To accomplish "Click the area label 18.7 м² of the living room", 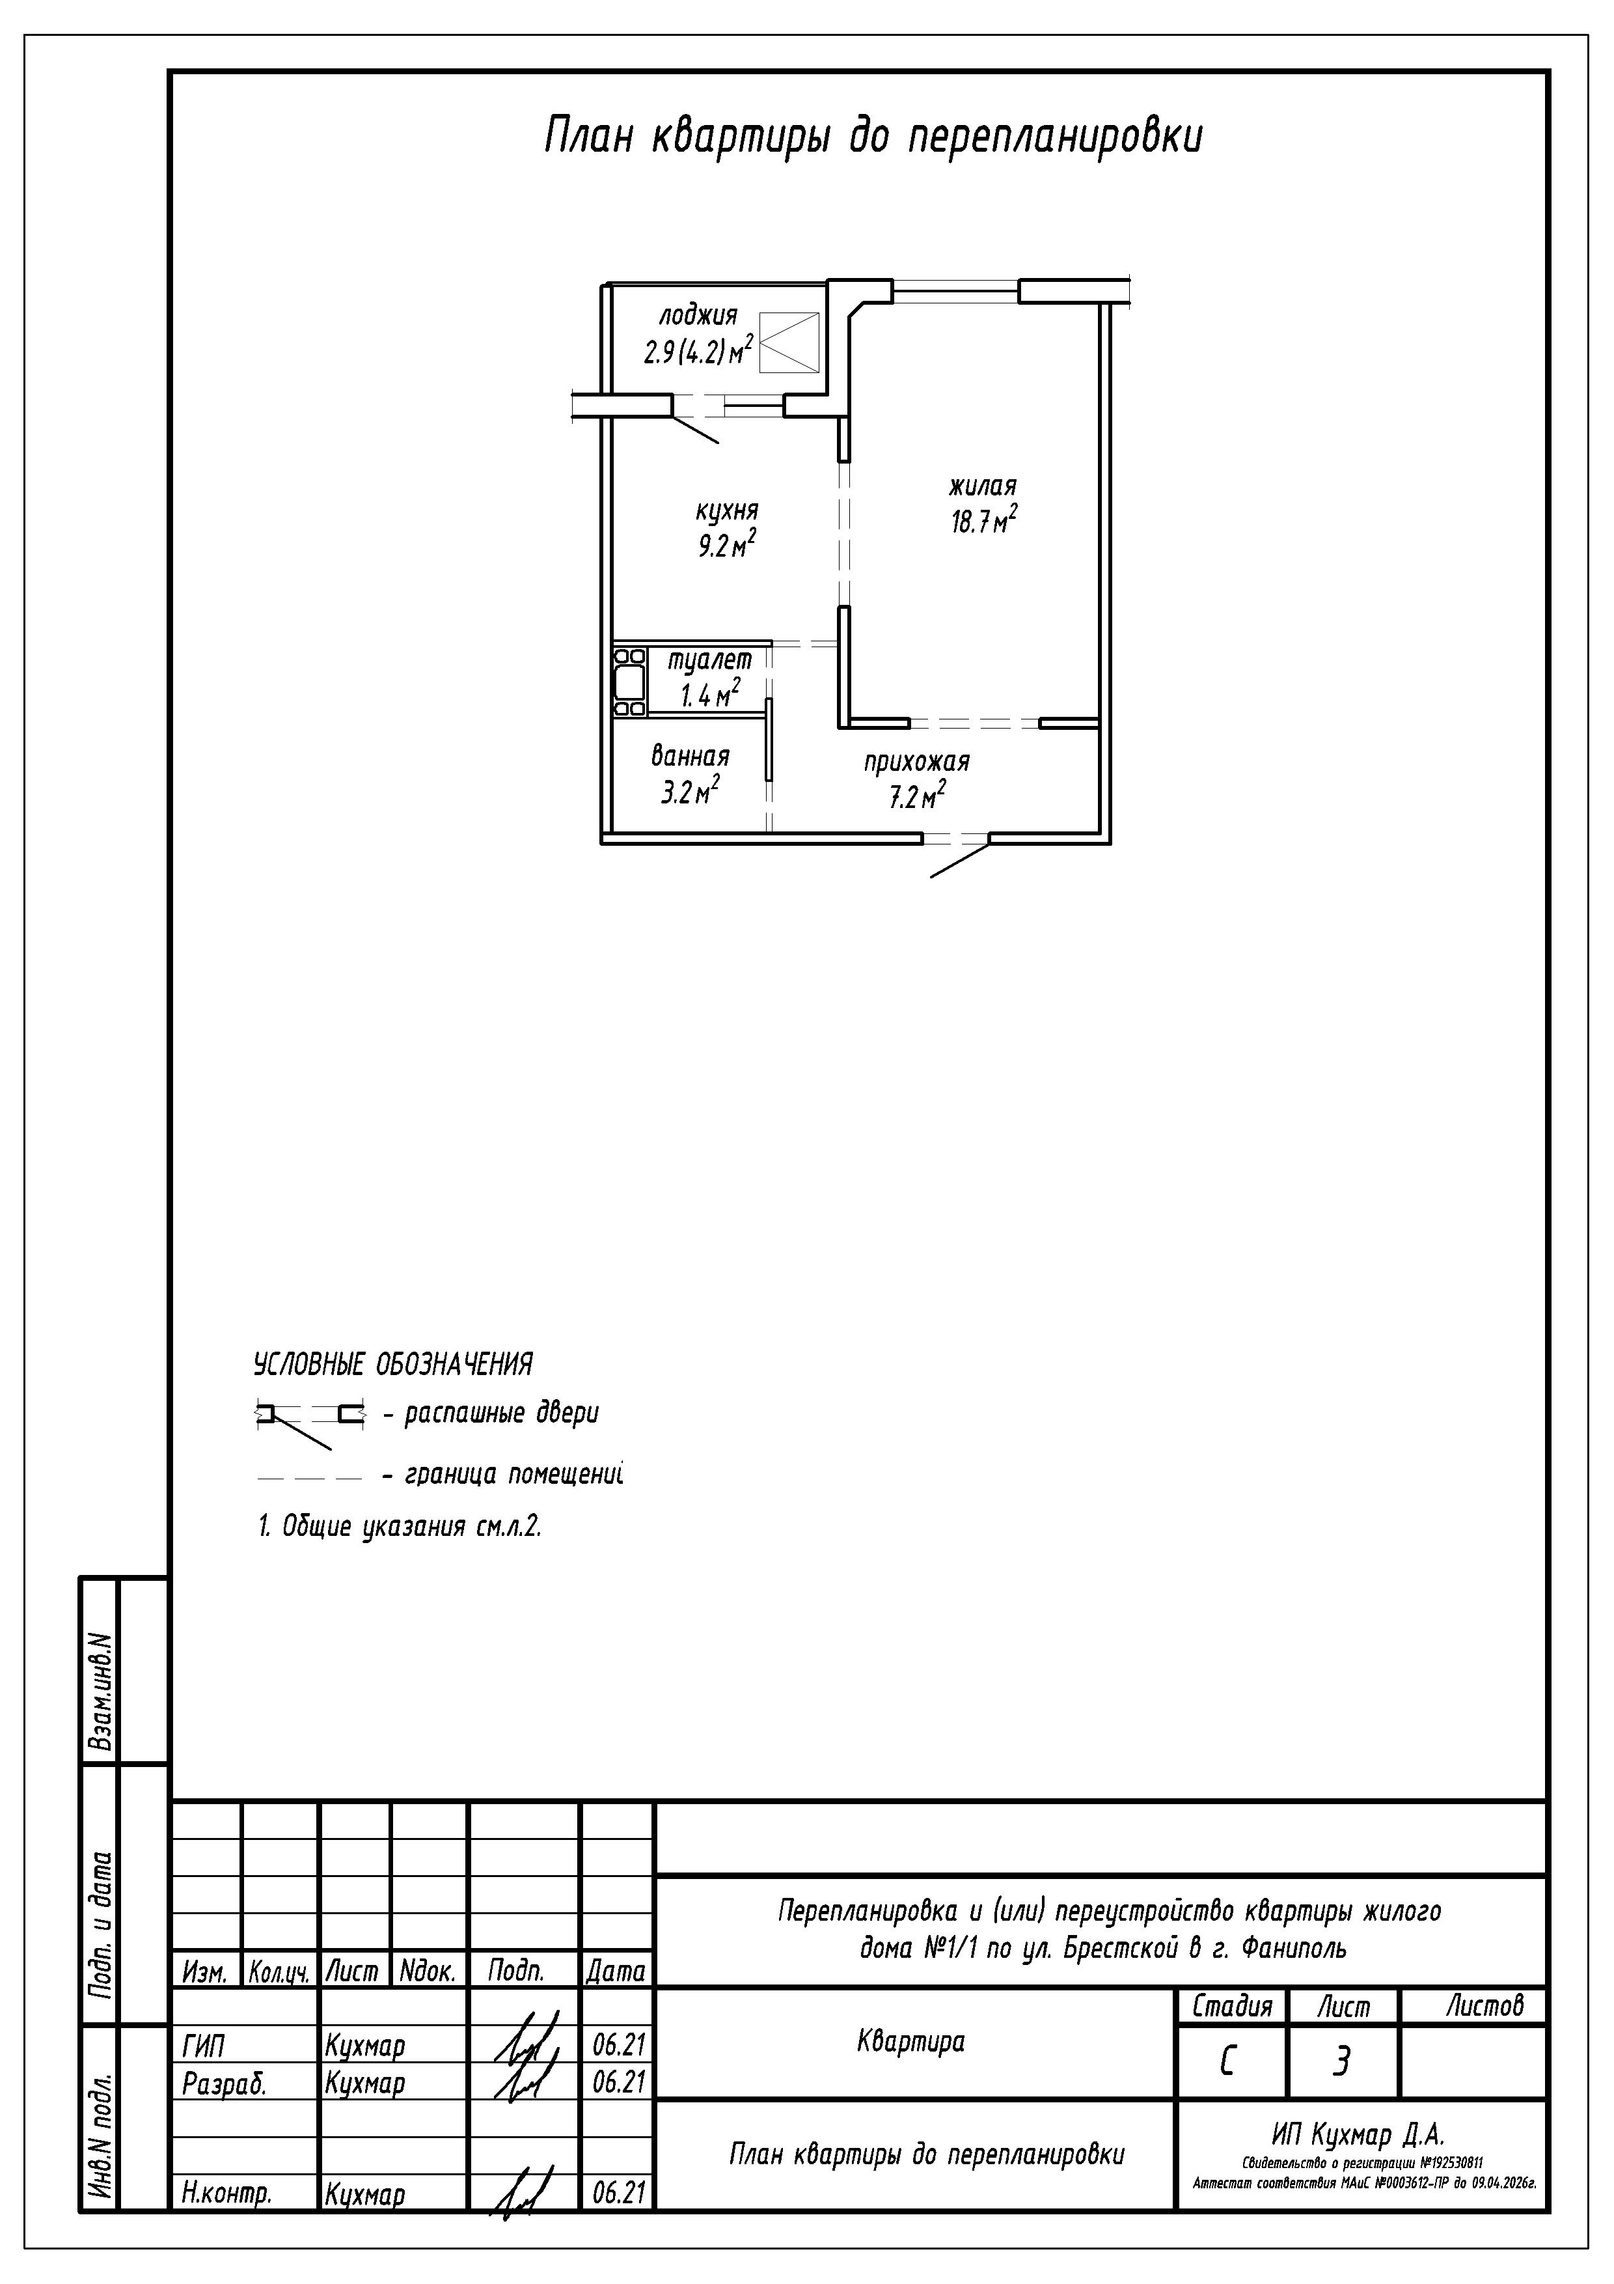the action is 983,520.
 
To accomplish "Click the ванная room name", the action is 690,756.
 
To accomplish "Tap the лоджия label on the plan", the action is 698,317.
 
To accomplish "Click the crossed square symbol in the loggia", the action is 789,342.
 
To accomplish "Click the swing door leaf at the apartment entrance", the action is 960,861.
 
